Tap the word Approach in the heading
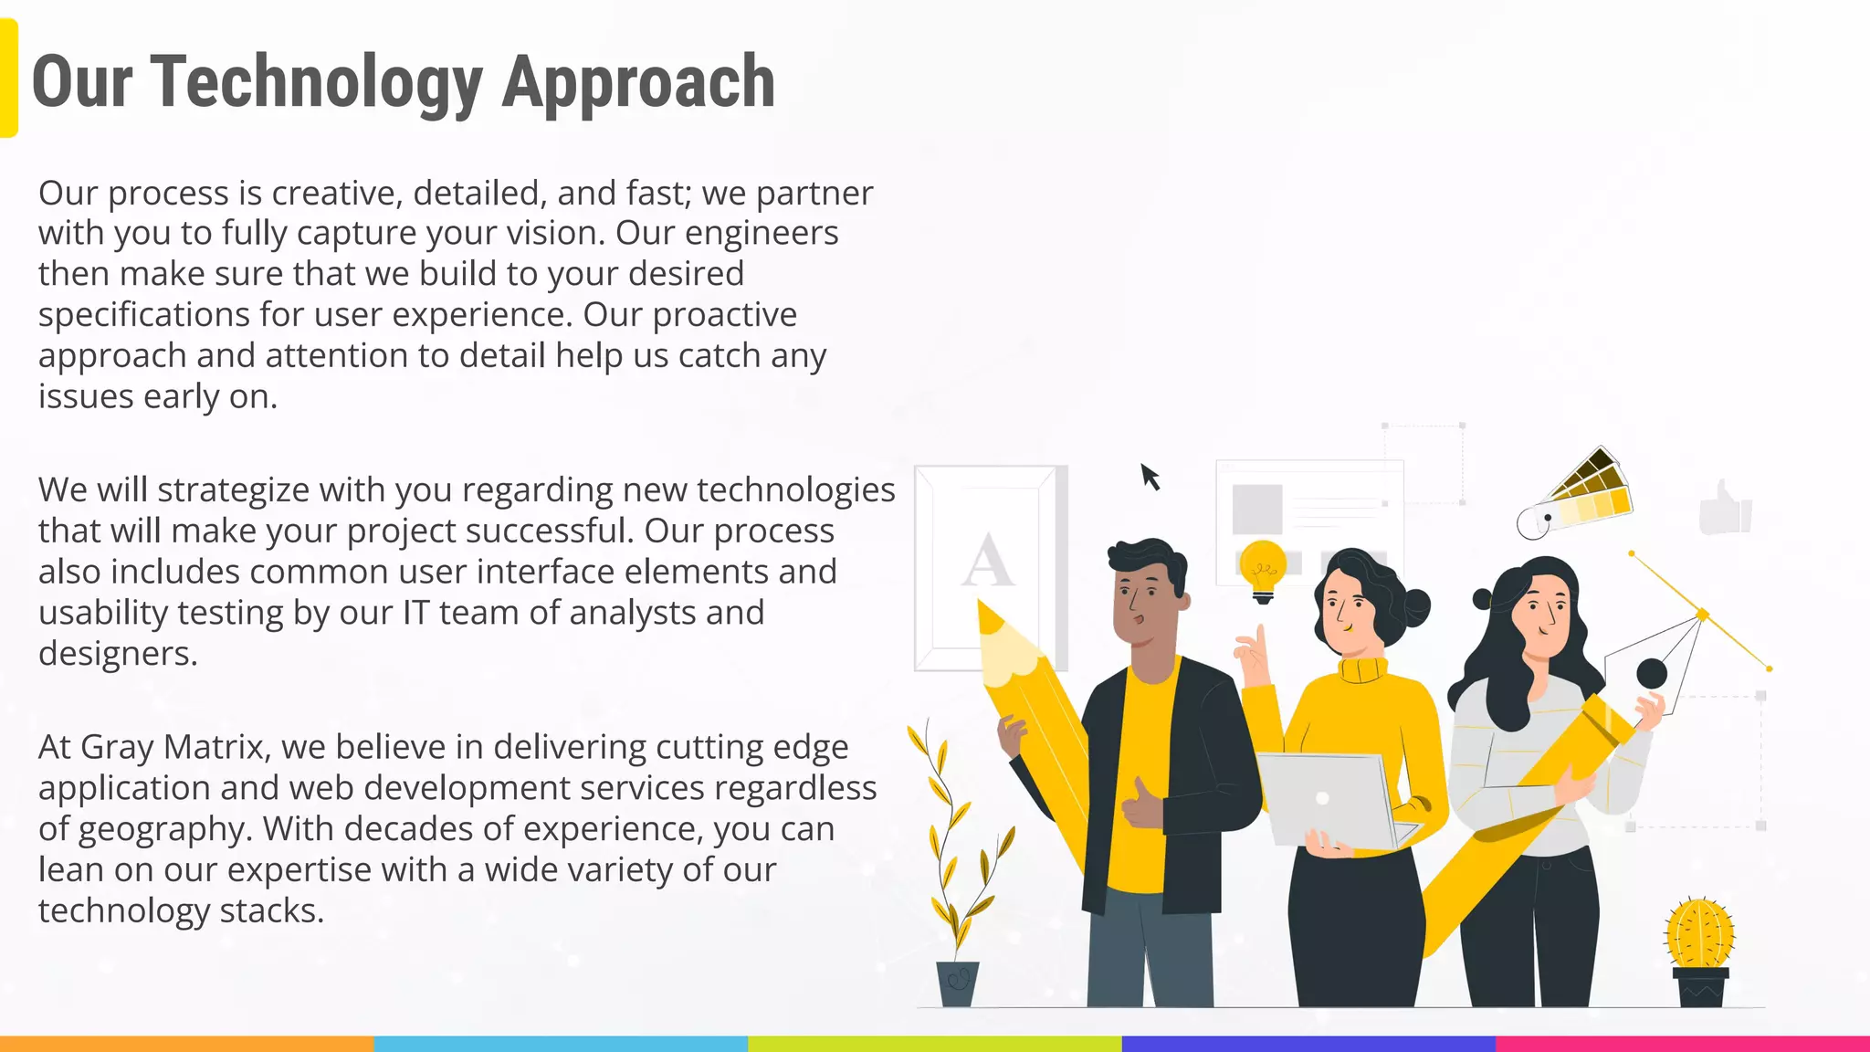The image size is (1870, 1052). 638,82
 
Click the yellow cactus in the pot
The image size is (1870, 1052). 1699,933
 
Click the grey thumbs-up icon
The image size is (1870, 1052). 1725,508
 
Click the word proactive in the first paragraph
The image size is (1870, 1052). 725,314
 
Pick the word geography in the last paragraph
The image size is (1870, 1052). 164,829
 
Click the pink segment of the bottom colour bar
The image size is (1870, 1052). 1682,1043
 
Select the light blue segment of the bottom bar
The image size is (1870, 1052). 561,1043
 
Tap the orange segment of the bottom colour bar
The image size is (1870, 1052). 186,1043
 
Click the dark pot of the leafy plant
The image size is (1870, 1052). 957,984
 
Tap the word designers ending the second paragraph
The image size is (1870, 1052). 117,654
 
